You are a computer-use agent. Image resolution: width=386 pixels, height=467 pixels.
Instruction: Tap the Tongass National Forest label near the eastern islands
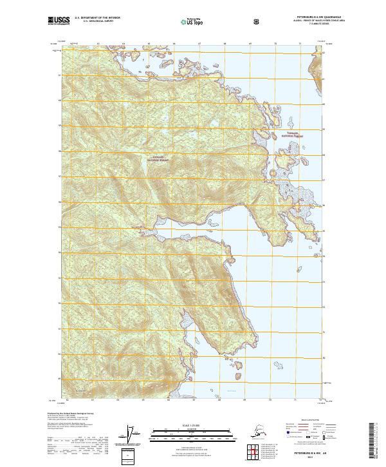click(x=290, y=135)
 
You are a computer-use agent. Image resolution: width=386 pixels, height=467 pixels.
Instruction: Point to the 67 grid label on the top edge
click(x=199, y=44)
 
